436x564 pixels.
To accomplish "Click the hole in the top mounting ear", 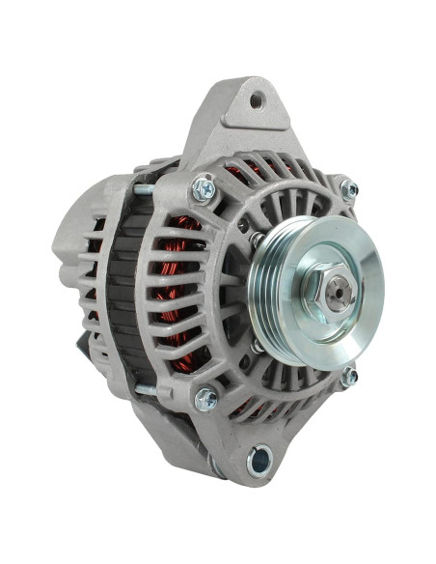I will [x=257, y=99].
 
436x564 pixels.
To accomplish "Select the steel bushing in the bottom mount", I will [x=259, y=461].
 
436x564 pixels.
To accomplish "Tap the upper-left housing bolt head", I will [x=204, y=188].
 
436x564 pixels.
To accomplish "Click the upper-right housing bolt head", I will [x=348, y=189].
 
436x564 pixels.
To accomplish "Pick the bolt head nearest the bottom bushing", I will [x=205, y=398].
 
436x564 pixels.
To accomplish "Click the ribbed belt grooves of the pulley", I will [x=264, y=290].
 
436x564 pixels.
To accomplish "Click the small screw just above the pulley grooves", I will [x=258, y=238].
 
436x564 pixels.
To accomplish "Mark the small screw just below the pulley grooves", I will [x=259, y=345].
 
